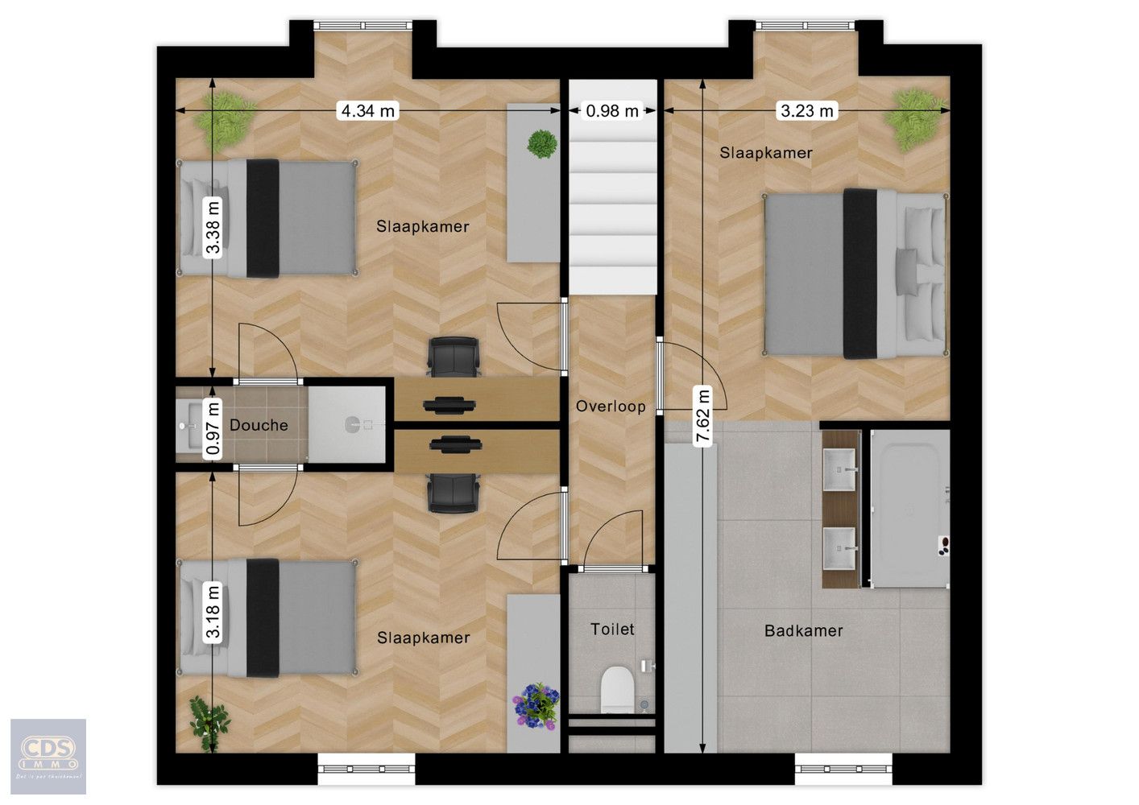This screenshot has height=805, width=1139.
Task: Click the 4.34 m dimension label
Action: coord(368,111)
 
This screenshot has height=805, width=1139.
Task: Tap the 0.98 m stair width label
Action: coord(612,111)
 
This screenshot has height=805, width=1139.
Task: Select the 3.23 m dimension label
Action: coord(806,111)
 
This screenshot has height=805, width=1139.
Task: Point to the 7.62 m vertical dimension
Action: coord(703,416)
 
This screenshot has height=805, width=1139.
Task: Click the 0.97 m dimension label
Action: coord(213,428)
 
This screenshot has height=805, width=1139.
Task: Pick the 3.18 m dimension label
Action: coord(213,612)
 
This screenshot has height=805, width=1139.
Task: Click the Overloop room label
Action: coord(611,407)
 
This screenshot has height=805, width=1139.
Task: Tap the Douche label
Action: coord(259,425)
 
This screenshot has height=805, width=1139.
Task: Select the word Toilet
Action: coord(612,629)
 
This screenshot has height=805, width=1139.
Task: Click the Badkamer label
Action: coord(803,630)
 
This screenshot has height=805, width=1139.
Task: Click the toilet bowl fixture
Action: coord(618,689)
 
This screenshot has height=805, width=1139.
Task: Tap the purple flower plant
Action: coord(536,705)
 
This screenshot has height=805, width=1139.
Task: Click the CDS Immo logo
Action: coord(48,756)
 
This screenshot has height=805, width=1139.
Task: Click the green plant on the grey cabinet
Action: coord(542,144)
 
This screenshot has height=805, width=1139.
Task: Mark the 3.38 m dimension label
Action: coord(213,226)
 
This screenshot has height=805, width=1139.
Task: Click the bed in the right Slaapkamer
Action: coord(854,273)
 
